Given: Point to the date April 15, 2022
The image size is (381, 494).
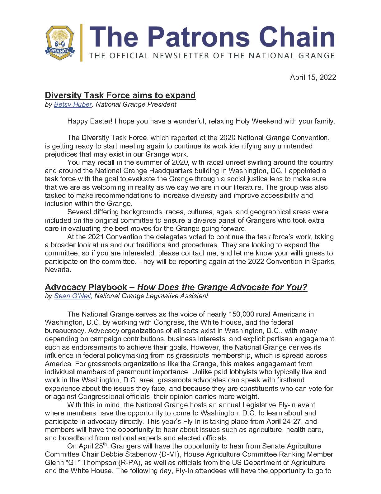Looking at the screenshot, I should coord(313,77).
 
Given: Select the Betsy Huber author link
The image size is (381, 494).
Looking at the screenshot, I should coord(73,104).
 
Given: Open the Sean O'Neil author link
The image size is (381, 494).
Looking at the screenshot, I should coord(73,296).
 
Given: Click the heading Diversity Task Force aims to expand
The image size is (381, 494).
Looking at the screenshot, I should coord(120,95).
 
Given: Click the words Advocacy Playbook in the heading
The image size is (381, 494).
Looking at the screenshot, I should coord(86,287).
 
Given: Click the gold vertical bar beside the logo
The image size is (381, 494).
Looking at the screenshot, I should coord(81,42).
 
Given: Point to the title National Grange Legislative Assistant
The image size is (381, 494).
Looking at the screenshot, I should coord(151,296).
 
